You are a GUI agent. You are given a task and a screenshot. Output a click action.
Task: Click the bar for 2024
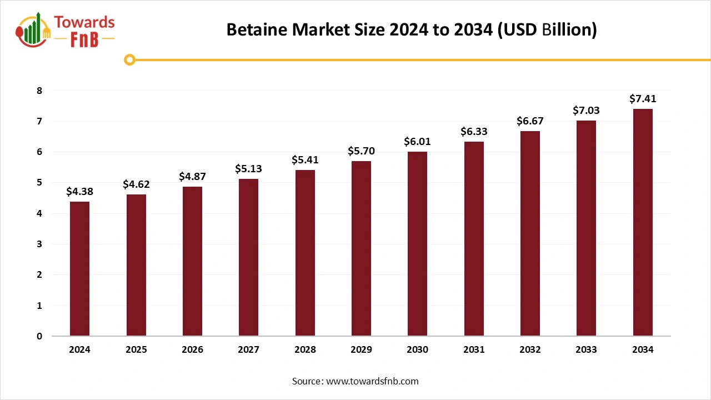coord(79,269)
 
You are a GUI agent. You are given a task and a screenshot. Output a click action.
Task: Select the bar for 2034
coord(643,222)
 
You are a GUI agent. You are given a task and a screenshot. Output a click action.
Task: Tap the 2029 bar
coord(361,248)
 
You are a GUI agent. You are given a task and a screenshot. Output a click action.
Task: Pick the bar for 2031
coord(474,239)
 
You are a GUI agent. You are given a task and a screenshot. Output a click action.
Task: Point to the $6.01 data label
coord(417,142)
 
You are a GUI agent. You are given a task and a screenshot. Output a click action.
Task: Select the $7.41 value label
coord(643,99)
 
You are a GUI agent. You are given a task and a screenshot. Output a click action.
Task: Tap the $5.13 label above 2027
coord(249,168)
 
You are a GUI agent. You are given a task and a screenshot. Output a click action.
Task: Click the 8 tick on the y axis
coord(39,91)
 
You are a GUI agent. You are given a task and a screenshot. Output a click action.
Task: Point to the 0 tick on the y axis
coord(39,336)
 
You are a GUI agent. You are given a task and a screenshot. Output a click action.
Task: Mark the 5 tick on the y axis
coord(39,183)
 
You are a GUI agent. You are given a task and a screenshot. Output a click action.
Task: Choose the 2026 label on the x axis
coord(192,349)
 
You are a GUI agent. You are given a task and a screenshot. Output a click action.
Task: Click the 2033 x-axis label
coord(586,349)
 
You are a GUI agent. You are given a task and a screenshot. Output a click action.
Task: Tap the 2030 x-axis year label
coord(417,349)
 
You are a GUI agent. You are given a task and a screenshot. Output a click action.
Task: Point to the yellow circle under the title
coord(130,59)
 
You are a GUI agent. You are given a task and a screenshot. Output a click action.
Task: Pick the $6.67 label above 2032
coord(530,121)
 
